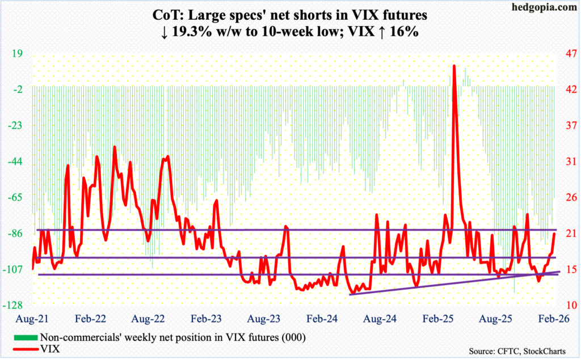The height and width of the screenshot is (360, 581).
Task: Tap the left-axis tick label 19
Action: point(16,54)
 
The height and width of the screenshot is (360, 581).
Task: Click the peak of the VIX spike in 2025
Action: point(454,66)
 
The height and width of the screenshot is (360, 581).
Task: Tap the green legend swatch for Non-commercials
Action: point(23,338)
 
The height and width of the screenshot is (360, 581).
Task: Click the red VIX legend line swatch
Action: point(23,349)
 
